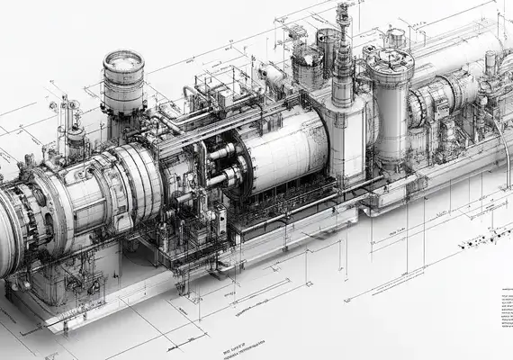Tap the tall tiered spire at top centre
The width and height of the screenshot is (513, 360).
[342, 54]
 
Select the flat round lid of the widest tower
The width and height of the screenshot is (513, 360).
[389, 58]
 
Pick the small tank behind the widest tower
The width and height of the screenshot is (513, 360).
[395, 37]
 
